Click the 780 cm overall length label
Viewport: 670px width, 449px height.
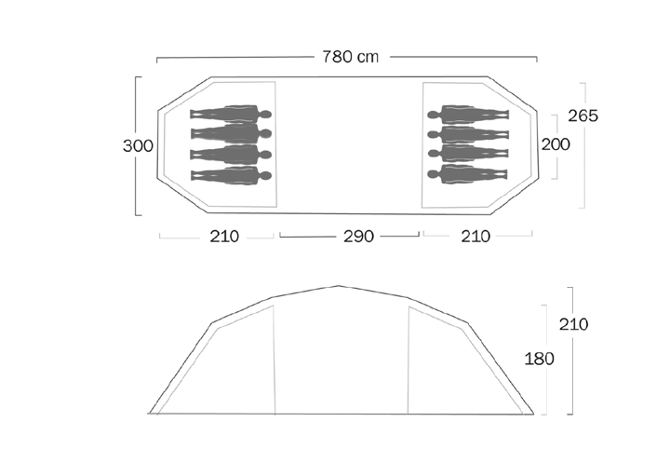point(351,57)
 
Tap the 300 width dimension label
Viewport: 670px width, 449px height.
point(138,146)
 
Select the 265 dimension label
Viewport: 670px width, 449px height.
point(583,116)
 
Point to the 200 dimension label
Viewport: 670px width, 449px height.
point(556,144)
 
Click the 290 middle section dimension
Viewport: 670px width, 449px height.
point(359,236)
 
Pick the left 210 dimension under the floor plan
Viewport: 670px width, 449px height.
point(224,236)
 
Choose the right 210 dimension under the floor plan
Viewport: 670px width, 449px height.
point(476,236)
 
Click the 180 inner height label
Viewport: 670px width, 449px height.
point(539,359)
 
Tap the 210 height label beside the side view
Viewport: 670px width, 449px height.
point(574,324)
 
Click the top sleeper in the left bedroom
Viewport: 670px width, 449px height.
point(231,115)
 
